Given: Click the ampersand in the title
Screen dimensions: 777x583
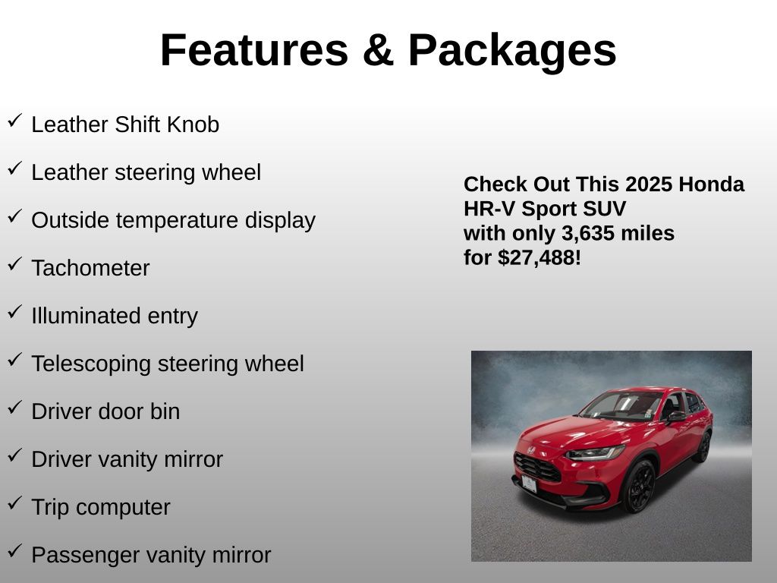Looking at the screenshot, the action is [378, 49].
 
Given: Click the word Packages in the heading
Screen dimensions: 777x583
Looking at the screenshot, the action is [512, 52].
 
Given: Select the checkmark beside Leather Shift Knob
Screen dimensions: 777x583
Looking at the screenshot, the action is [15, 121].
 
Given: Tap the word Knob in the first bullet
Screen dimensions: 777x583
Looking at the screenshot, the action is [193, 124].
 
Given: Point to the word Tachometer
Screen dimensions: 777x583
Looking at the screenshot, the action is [90, 268].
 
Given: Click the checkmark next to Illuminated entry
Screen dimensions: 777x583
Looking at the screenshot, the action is [15, 312].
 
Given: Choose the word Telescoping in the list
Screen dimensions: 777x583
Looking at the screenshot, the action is [91, 364].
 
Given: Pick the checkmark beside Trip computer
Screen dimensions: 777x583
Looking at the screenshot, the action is [15, 503].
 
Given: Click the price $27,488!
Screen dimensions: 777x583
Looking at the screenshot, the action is [539, 258].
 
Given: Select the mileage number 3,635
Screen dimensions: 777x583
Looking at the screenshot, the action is [587, 234].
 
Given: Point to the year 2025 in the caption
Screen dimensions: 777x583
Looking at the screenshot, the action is [649, 184].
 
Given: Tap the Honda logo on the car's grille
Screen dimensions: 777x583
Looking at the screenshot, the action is [530, 450].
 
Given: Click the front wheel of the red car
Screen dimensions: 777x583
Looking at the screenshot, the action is [639, 487].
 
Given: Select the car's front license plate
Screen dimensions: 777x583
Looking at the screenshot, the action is [529, 484].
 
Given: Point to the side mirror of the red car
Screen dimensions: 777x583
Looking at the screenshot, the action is [676, 417].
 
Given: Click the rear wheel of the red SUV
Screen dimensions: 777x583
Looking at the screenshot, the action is [703, 446].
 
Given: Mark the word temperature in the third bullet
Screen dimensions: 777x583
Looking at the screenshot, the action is [177, 221].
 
